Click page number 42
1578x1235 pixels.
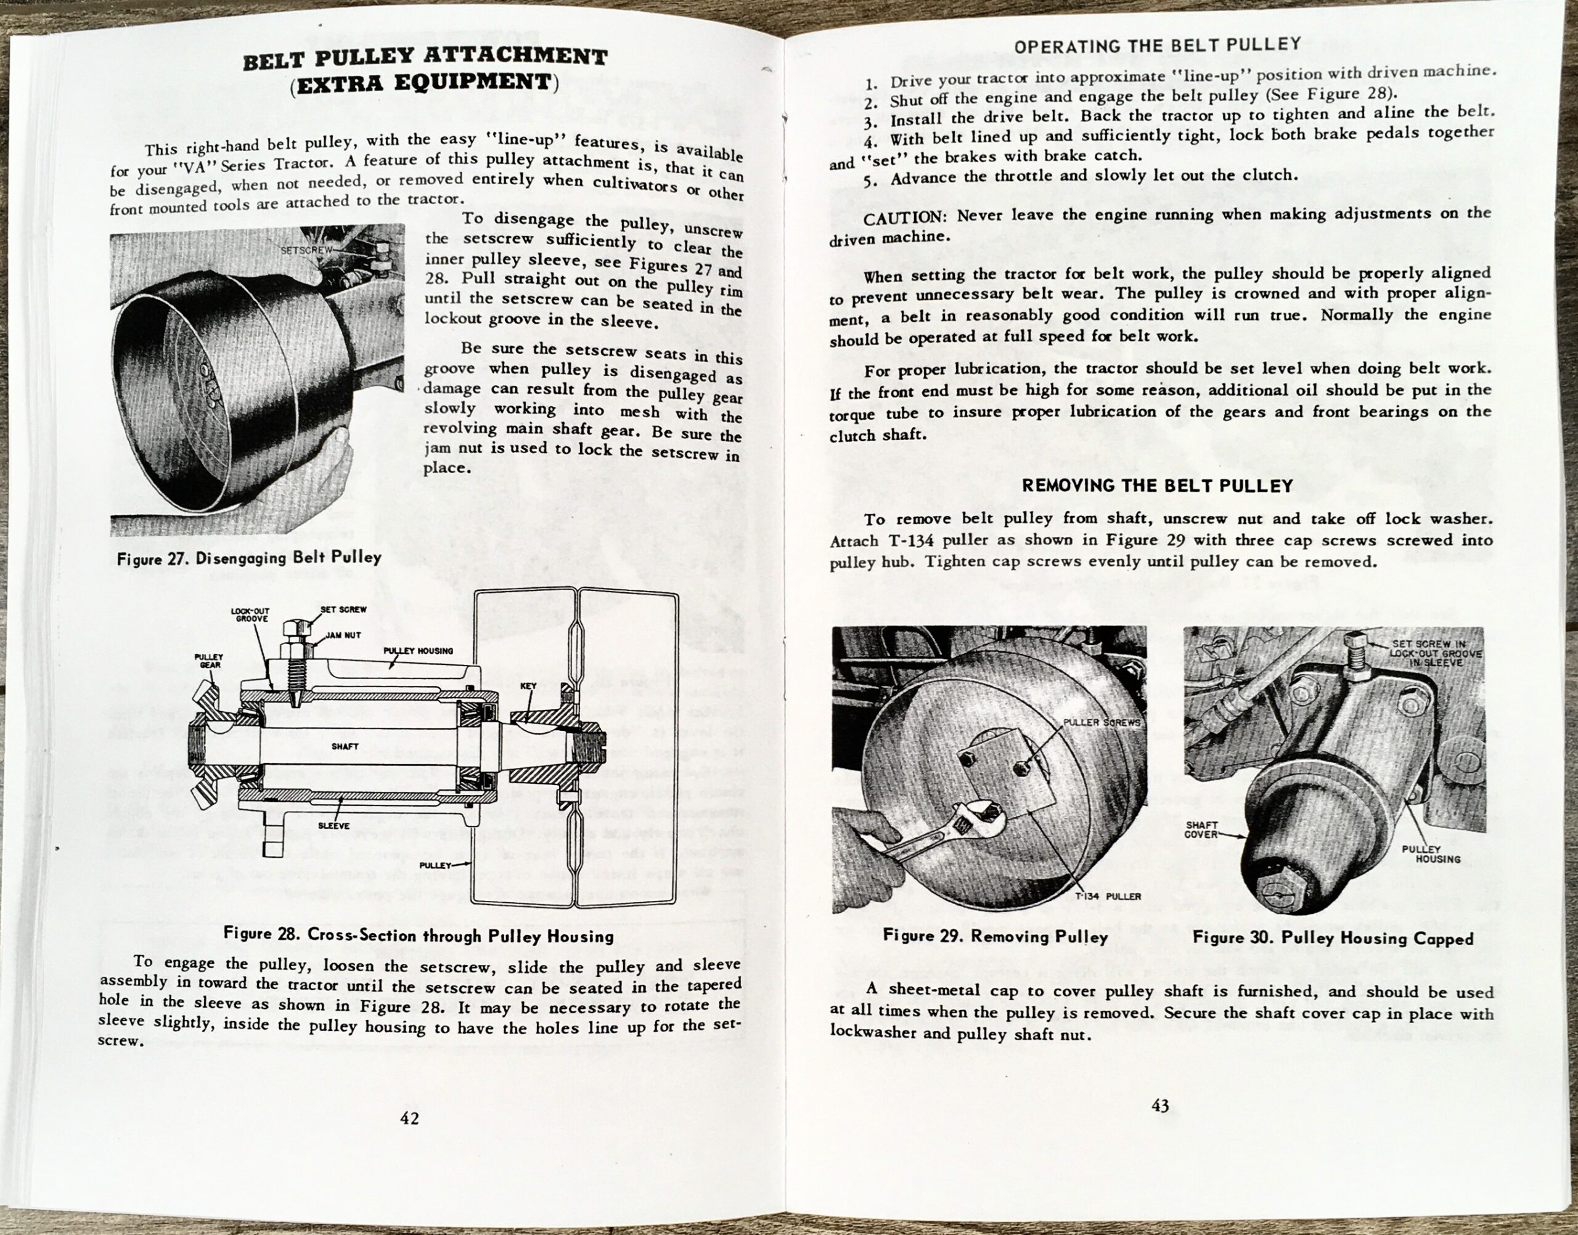point(409,1118)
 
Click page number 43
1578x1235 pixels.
point(1160,1105)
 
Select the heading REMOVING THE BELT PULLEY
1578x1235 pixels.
point(1157,486)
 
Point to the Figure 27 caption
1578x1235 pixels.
point(249,558)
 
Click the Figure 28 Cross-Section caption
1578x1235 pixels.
point(418,935)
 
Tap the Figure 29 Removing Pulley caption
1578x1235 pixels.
point(995,936)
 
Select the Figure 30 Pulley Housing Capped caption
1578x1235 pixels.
point(1333,939)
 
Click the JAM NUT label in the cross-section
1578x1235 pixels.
point(343,635)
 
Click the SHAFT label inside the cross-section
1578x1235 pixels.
point(345,746)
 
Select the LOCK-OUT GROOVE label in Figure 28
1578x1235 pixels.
point(250,615)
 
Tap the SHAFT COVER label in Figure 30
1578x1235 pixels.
point(1201,829)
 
